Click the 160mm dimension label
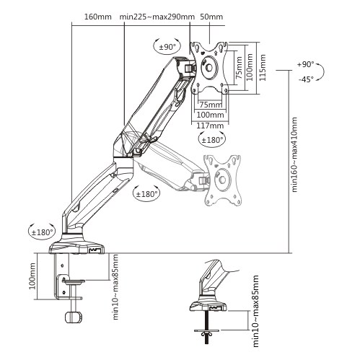tap(98, 17)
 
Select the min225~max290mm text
tap(157, 17)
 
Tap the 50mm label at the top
tap(211, 17)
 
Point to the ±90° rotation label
tap(167, 47)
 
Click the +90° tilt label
tap(305, 64)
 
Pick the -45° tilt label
tap(306, 79)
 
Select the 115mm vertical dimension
tap(263, 67)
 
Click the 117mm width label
tap(210, 126)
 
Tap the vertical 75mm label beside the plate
tap(239, 68)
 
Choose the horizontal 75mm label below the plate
tap(211, 105)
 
